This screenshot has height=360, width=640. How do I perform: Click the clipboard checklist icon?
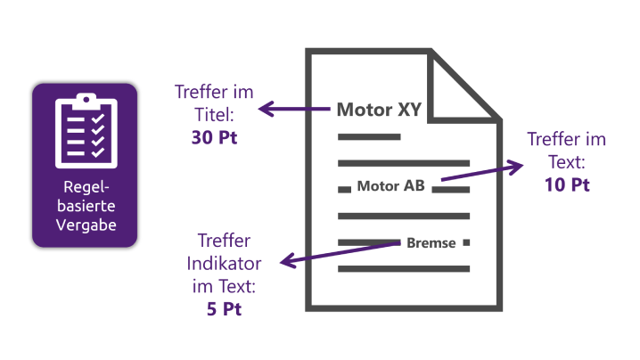tap(85, 130)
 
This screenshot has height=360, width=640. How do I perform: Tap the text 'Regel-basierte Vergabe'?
tap(85, 207)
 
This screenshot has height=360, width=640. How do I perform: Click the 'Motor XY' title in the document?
tap(378, 110)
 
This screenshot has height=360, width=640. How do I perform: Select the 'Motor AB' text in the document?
tap(390, 187)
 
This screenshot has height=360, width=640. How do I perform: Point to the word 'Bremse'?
tap(431, 242)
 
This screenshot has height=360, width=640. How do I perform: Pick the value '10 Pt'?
tap(566, 185)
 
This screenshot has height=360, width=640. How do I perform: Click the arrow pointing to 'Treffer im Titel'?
tap(294, 110)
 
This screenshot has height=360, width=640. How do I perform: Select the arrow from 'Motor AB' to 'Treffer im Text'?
tap(481, 173)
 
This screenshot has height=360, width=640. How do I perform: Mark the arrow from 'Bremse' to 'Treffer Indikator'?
tap(339, 252)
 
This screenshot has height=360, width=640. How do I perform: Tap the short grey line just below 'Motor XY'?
tap(367, 137)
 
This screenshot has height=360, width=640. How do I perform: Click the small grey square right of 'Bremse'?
tap(466, 242)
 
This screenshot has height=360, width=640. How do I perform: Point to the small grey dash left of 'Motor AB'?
tap(343, 189)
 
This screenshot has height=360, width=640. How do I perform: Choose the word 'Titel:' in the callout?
tap(215, 115)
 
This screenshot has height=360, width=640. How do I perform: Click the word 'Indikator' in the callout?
tap(222, 264)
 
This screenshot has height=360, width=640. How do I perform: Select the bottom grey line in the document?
tap(403, 268)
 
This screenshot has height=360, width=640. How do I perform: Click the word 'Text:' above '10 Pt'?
tap(566, 162)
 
